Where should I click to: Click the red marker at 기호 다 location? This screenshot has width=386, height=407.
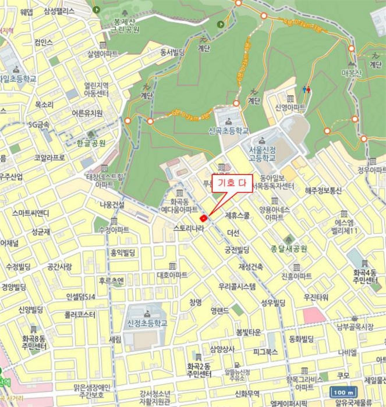point(203,218)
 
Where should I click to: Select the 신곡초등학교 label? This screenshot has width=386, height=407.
point(228,131)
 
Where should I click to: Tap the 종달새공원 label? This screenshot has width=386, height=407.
point(289,248)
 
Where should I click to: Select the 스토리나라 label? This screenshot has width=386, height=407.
point(188,230)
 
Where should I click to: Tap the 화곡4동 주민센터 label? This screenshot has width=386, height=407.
point(365,277)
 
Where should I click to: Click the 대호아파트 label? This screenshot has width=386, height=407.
point(172,274)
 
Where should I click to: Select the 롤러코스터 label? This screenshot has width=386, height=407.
point(80,315)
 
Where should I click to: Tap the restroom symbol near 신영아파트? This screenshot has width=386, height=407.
point(307,90)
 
